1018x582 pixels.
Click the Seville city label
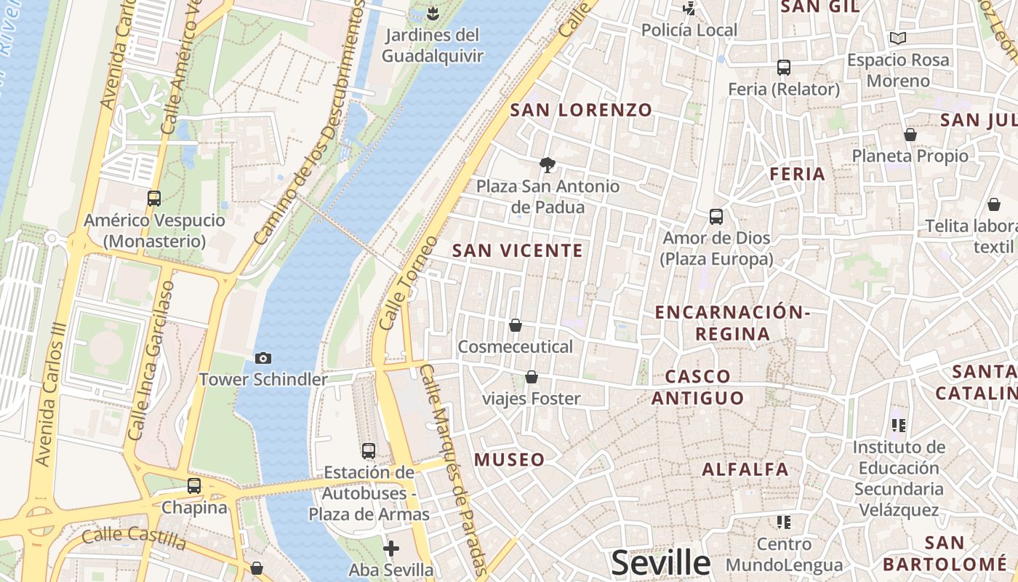[x=660, y=562]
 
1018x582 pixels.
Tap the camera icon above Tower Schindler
[x=263, y=358]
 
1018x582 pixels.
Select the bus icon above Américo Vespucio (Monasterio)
[x=154, y=198]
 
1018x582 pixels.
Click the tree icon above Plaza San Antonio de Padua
[x=548, y=164]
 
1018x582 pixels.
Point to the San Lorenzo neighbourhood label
[x=581, y=111]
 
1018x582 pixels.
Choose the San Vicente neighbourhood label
[x=517, y=251]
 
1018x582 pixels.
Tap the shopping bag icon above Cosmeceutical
[x=516, y=325]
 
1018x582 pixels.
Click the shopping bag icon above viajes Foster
[x=532, y=377]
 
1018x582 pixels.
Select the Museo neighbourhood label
[x=509, y=460]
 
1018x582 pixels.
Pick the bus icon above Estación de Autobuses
[x=369, y=450]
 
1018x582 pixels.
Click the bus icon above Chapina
[x=194, y=485]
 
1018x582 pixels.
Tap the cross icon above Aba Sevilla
[x=391, y=548]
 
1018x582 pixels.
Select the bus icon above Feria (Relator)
[x=784, y=68]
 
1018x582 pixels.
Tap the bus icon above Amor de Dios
[x=716, y=216]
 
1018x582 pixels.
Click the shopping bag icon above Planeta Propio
[x=910, y=135]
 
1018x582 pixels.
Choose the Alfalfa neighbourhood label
[x=745, y=469]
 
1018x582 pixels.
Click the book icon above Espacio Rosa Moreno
[x=898, y=38]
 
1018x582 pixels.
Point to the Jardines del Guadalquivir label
[x=432, y=45]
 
